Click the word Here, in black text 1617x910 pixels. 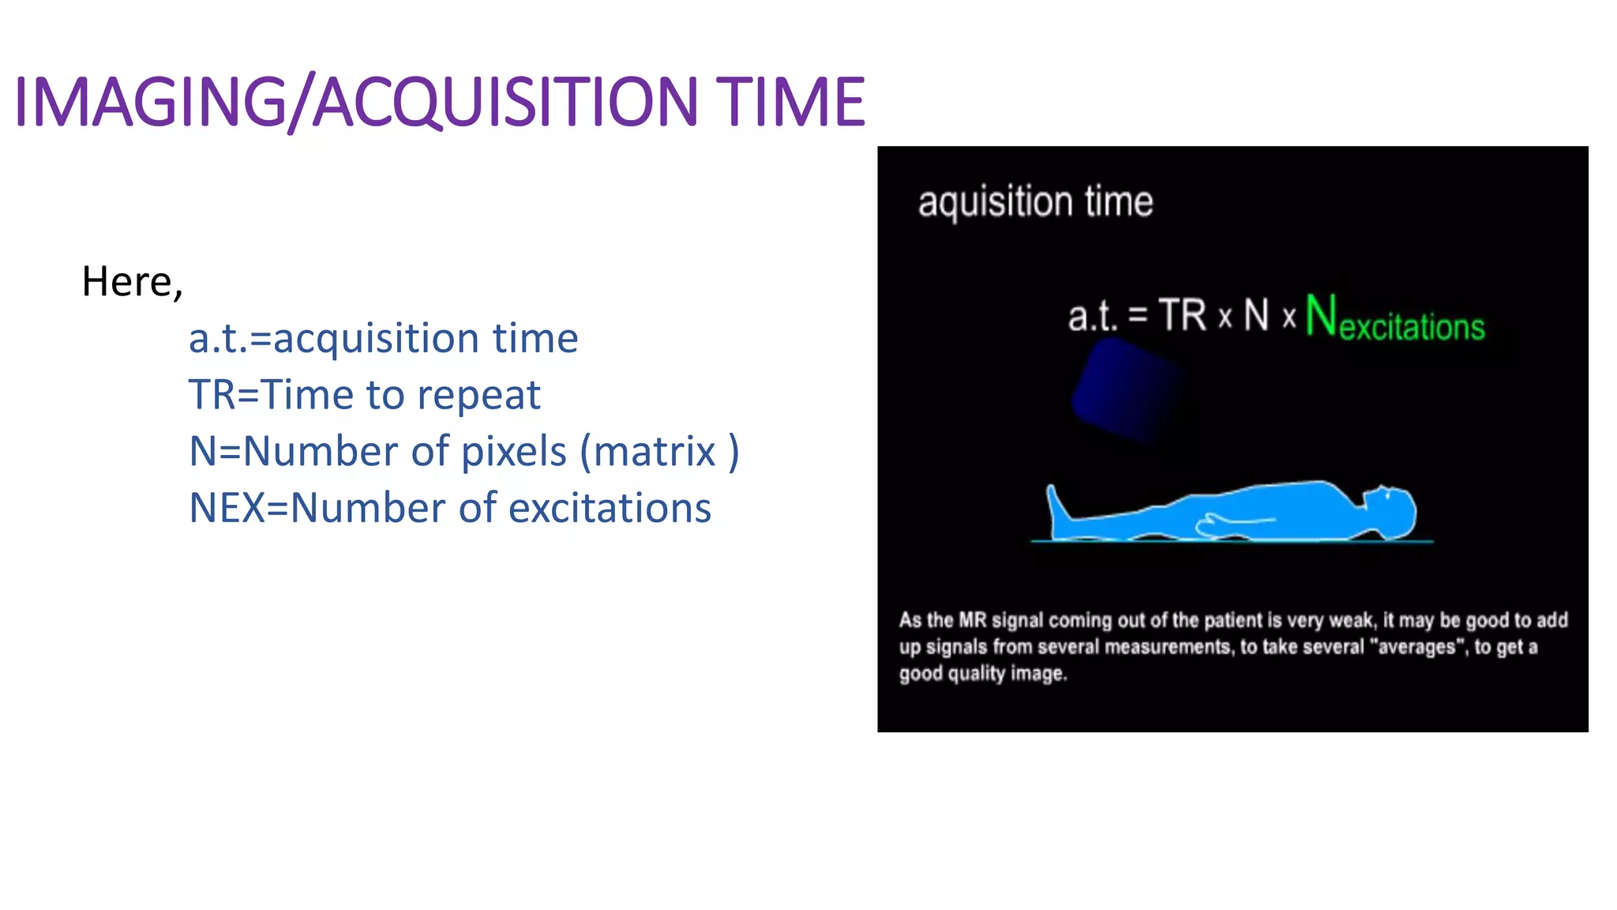(132, 282)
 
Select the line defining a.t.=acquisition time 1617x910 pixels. (383, 339)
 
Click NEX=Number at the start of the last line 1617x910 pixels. (316, 508)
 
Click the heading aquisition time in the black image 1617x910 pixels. (1034, 202)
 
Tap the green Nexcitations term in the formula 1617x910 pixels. (1394, 318)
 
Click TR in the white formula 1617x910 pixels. (1182, 315)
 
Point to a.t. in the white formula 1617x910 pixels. (1093, 317)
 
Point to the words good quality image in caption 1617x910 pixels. (982, 674)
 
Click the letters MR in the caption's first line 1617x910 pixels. (972, 620)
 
